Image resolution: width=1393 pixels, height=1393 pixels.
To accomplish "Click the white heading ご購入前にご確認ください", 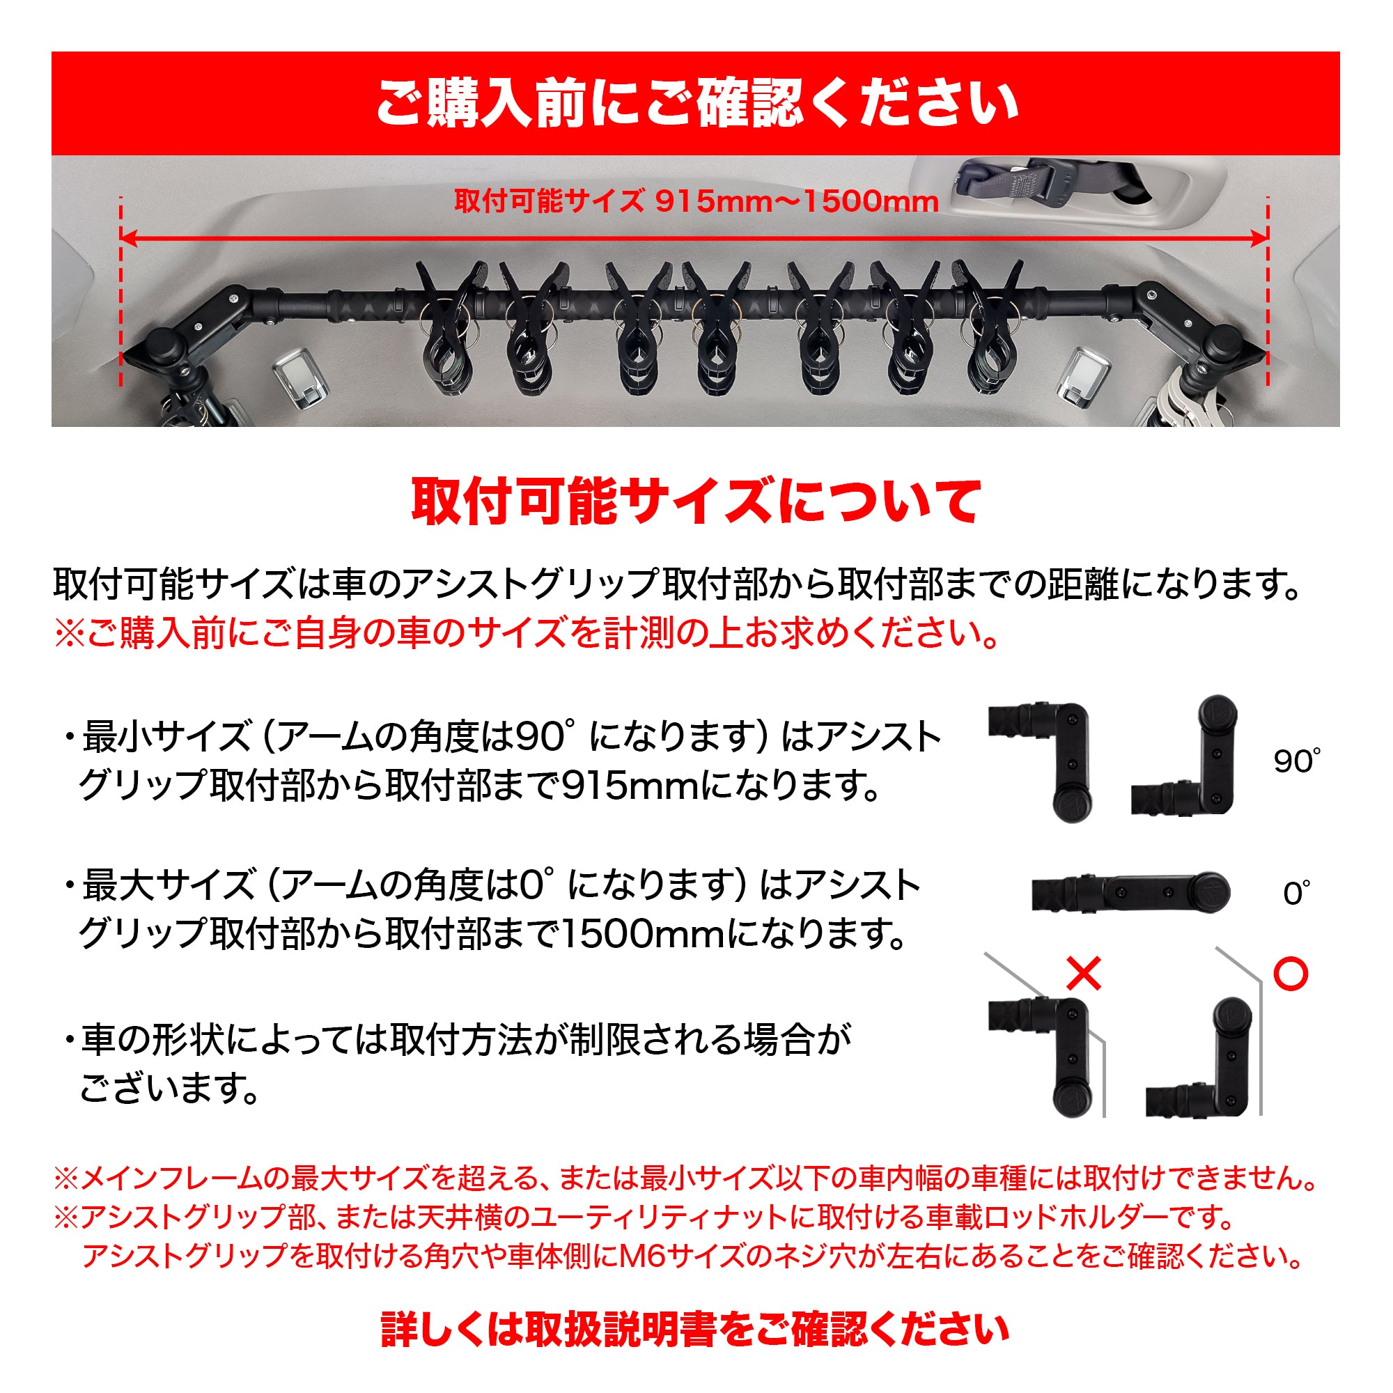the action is [696, 103].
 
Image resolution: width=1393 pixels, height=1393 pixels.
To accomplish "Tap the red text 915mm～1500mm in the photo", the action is [797, 201].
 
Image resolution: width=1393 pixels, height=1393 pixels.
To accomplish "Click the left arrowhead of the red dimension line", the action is [128, 238].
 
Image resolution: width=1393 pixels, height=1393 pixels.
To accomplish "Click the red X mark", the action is [1084, 974].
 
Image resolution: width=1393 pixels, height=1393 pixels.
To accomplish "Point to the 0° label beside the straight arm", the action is [1296, 894].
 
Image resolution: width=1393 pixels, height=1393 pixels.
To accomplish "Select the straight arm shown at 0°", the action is [1130, 894].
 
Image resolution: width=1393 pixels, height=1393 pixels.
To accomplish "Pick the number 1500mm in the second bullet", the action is [642, 935].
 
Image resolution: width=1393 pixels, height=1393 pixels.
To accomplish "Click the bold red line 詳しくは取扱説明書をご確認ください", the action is [695, 1330].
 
